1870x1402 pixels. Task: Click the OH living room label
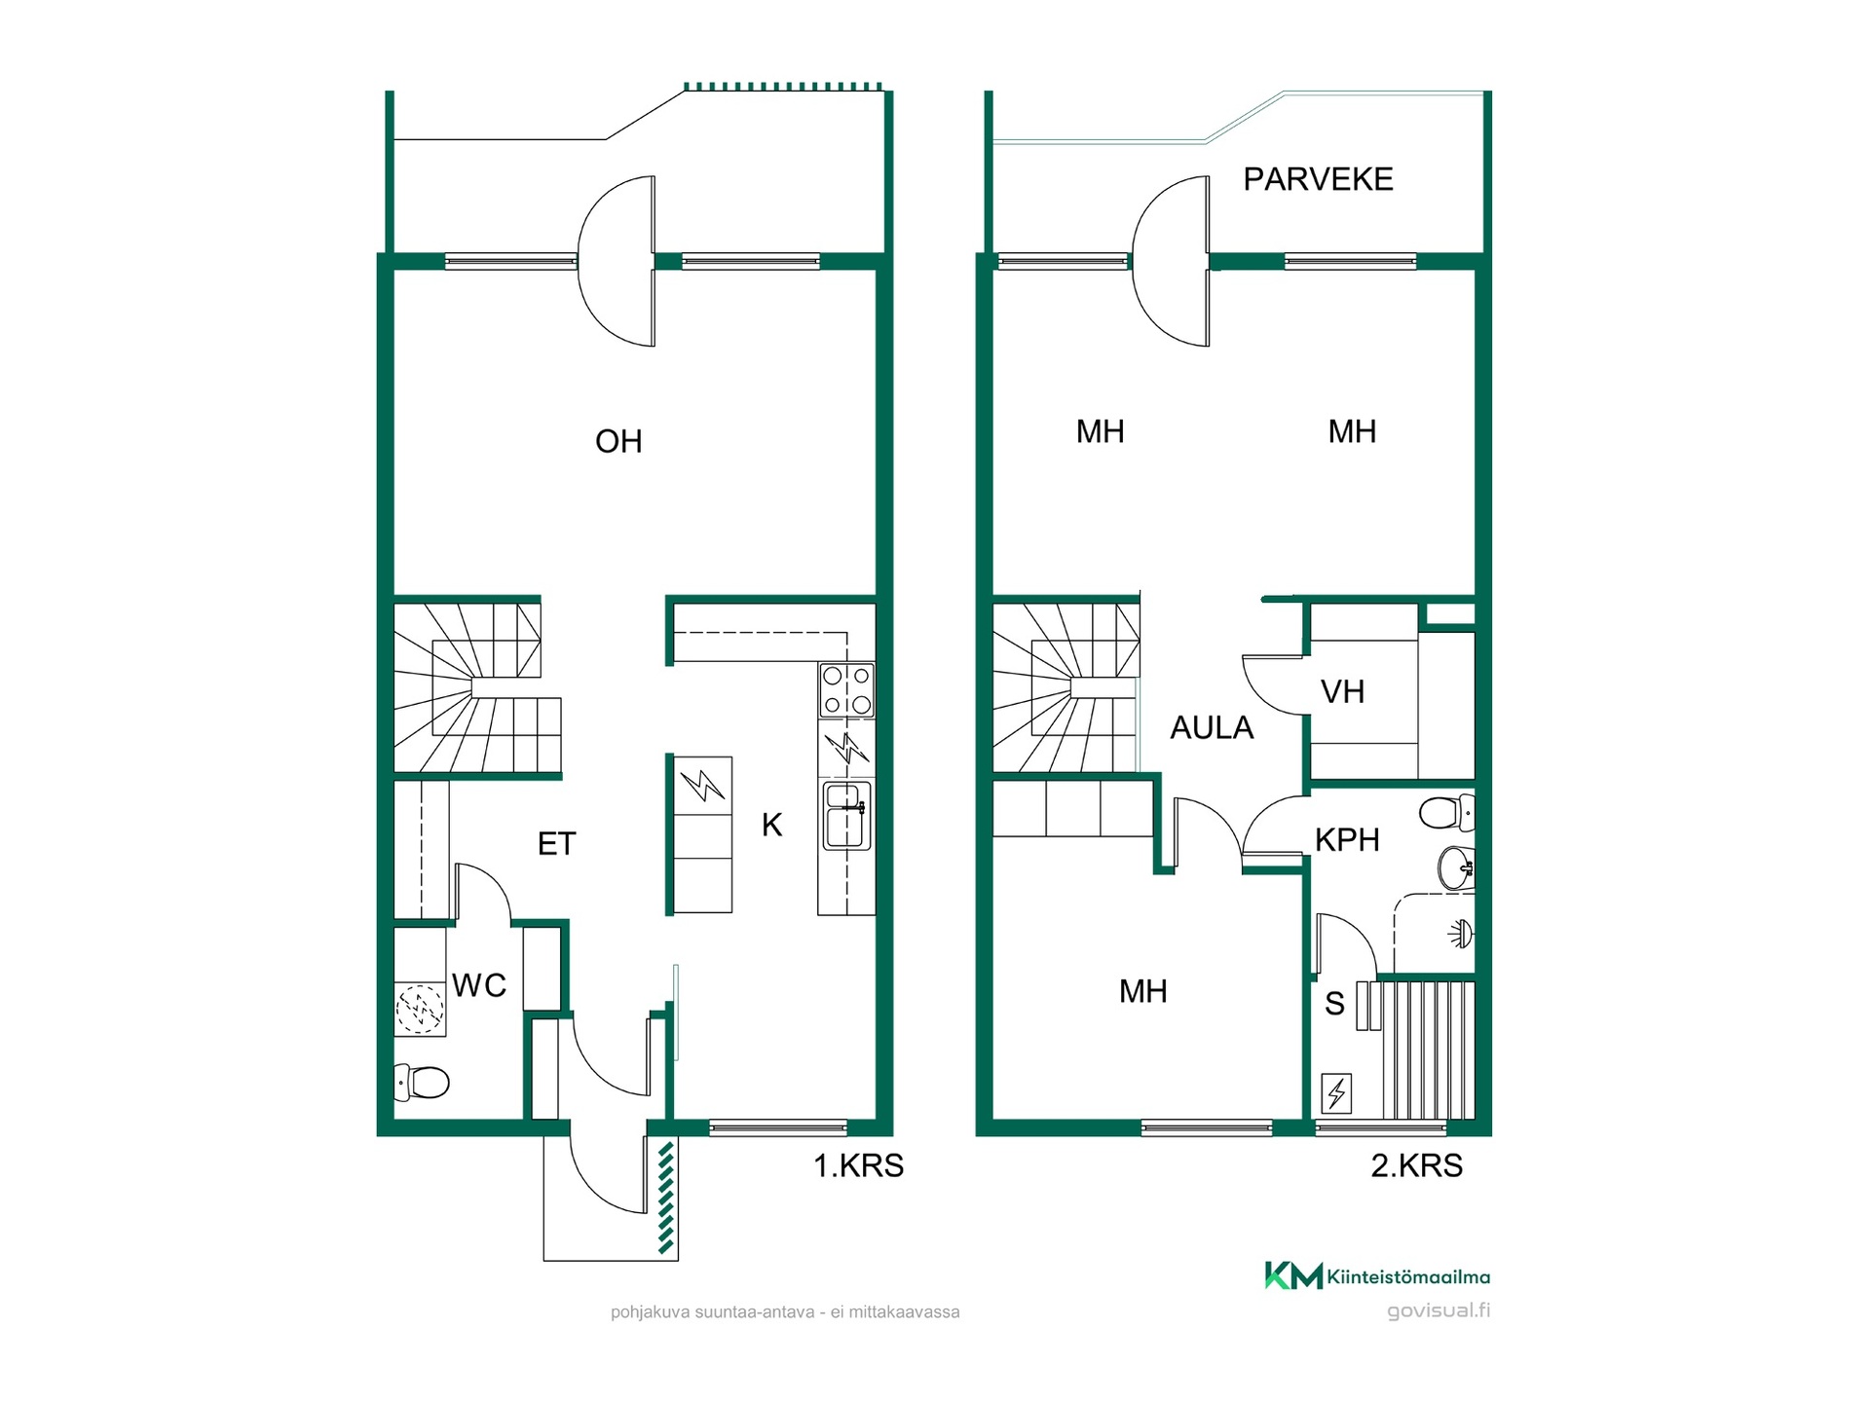618,441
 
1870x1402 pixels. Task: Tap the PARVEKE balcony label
1318,179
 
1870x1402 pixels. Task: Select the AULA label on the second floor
1212,727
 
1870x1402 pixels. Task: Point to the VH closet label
1342,692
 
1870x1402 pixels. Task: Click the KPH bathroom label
1347,839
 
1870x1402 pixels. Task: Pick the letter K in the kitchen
772,826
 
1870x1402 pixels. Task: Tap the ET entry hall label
557,843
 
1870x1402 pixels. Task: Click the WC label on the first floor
479,985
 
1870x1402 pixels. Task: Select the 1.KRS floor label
858,1165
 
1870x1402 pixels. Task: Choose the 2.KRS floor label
1417,1165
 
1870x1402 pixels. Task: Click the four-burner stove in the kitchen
846,690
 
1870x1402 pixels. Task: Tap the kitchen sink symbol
846,815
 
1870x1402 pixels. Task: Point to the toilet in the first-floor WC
422,1082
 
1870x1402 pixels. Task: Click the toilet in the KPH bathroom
1447,812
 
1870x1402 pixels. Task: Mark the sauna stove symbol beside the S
1336,1093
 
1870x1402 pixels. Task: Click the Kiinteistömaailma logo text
1408,1276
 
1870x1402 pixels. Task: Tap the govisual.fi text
1439,1310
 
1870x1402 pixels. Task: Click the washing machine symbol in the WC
420,1010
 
